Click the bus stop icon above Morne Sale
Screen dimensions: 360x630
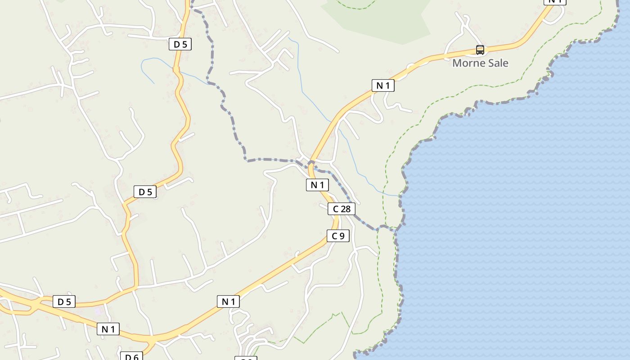(x=480, y=50)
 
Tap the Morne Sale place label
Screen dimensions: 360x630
(x=480, y=63)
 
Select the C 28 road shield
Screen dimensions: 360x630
(x=342, y=209)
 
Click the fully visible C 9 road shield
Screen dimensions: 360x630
(x=338, y=236)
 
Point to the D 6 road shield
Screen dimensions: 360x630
(x=131, y=357)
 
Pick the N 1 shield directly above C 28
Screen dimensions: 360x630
(x=317, y=184)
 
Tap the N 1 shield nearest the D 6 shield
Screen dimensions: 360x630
(x=108, y=329)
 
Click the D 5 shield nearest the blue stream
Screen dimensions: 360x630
(x=180, y=44)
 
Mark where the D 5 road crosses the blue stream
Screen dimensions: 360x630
(x=176, y=69)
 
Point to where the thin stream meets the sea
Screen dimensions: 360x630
(x=399, y=196)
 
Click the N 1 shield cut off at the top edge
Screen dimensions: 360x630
(x=555, y=2)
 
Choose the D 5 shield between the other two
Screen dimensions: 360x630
(x=145, y=192)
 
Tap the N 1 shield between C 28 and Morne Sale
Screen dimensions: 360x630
(x=383, y=85)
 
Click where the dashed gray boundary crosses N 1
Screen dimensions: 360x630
(x=311, y=163)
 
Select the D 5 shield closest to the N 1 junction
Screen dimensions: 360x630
(x=64, y=301)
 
